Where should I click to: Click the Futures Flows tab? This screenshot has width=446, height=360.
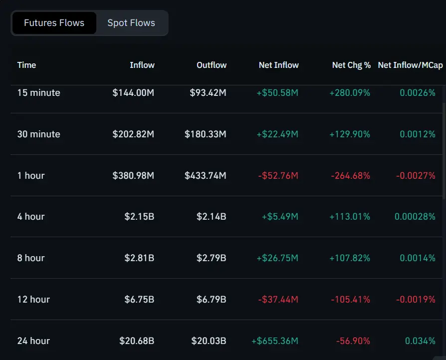54,23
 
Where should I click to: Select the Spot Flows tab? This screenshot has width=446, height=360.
131,23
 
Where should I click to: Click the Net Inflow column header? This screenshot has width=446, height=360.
278,65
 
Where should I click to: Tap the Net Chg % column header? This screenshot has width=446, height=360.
351,65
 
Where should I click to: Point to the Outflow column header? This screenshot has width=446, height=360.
212,65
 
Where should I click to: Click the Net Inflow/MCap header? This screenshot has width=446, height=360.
410,65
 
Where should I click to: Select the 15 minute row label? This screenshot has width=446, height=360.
38,93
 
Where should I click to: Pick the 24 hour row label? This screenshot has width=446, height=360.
33,341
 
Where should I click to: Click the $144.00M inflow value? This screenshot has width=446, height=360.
133,93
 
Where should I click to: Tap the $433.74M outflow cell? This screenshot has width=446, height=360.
205,176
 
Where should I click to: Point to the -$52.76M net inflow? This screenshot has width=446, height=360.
278,176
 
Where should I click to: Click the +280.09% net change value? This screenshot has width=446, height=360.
350,93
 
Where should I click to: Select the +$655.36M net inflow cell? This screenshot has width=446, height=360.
275,341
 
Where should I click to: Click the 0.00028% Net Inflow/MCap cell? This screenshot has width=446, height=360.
415,217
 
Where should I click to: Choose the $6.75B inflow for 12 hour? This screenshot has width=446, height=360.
139,300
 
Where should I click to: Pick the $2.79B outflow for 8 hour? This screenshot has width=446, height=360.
212,258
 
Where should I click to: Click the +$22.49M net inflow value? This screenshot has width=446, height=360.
277,134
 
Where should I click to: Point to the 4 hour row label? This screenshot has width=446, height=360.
31,217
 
